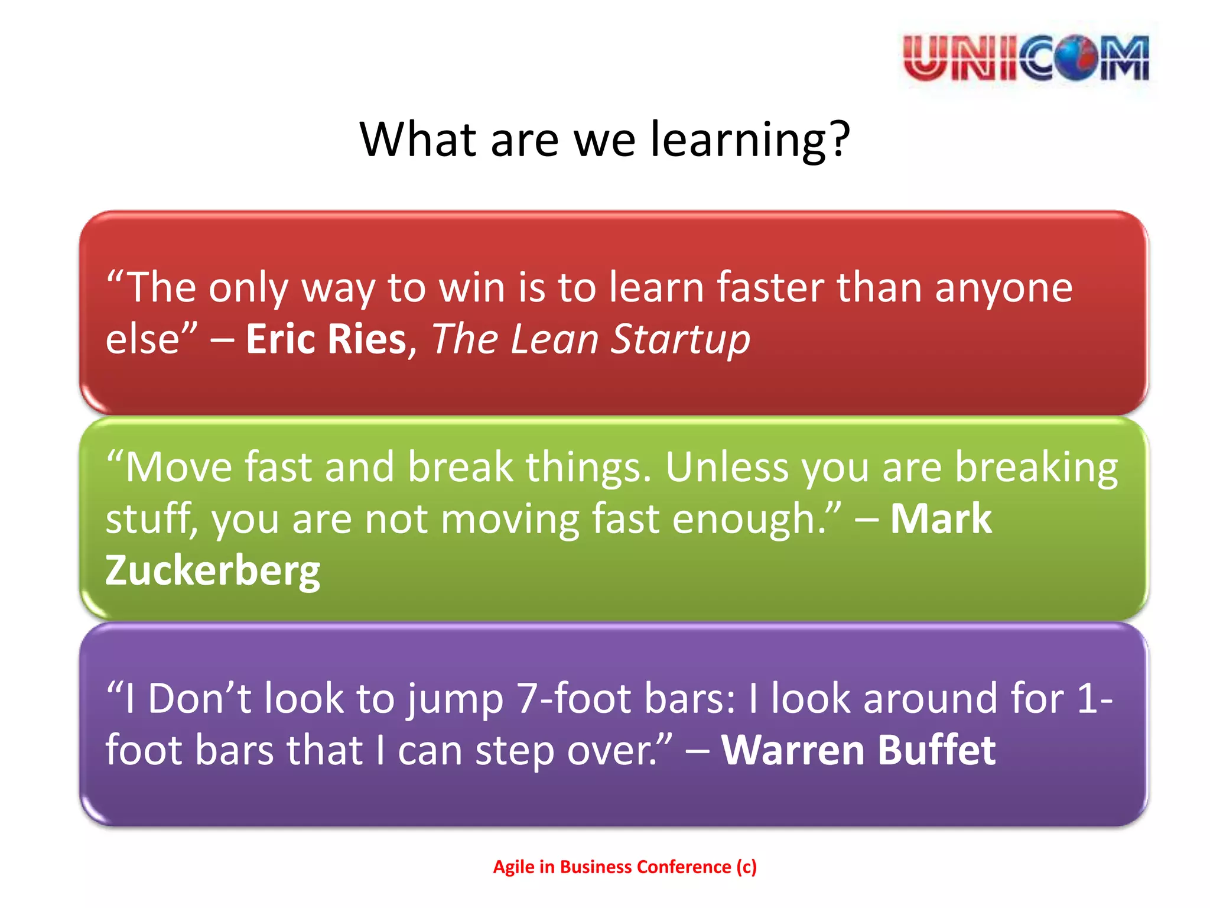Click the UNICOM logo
pos(1026,58)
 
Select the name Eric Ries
pos(326,339)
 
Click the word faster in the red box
pos(770,288)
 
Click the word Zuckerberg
pos(213,571)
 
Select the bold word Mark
pos(941,519)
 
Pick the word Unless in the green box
pos(727,468)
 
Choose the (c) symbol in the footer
pos(746,867)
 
